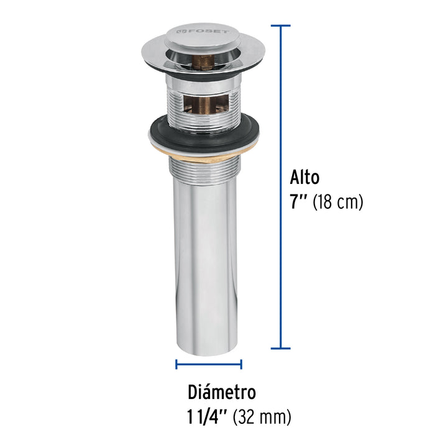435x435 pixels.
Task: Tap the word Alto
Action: [304, 178]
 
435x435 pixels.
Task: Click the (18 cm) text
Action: [338, 203]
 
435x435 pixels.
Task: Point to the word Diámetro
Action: [222, 393]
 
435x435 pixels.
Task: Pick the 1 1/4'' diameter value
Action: [214, 414]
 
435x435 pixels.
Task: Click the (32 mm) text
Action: [265, 414]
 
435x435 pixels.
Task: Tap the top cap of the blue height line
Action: [281, 26]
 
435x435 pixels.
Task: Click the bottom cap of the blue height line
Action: [281, 349]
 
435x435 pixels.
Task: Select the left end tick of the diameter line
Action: [176, 365]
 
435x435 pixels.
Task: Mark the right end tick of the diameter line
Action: [241, 365]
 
